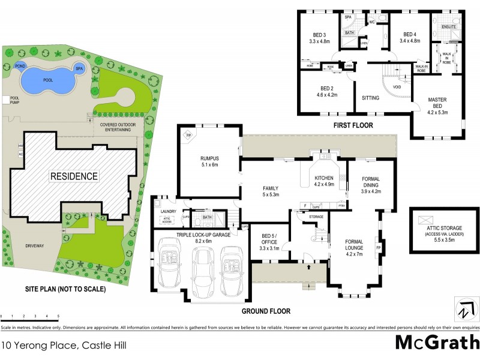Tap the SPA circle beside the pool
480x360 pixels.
point(79,68)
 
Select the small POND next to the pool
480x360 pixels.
point(20,65)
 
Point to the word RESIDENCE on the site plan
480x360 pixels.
point(74,176)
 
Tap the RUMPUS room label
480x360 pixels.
point(209,161)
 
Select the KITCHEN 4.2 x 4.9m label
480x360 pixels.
point(325,181)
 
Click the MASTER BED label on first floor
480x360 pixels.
point(437,104)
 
